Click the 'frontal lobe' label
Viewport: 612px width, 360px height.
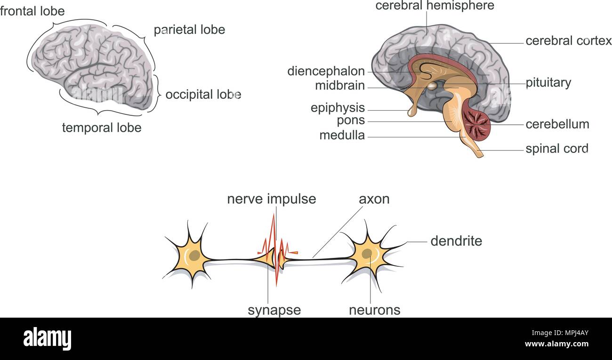click(x=32, y=11)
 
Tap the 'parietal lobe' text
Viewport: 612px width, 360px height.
click(x=189, y=30)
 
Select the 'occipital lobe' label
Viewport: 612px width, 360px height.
click(x=203, y=95)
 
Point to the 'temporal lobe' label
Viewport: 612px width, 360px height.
click(x=102, y=128)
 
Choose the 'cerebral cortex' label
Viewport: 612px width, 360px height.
click(x=568, y=41)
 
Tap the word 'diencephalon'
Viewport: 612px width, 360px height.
click(x=326, y=72)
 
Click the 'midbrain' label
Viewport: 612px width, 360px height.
click(x=340, y=86)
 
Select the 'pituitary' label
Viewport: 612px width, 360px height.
click(x=548, y=83)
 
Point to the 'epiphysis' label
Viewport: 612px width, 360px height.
click(x=338, y=108)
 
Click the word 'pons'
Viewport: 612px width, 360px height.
click(x=351, y=120)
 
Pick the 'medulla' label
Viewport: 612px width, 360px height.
click(x=342, y=136)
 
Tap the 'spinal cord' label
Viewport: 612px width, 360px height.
click(x=557, y=149)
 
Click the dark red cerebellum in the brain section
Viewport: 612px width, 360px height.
click(x=476, y=125)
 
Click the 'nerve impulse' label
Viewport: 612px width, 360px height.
click(x=271, y=199)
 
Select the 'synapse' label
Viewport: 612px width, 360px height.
click(x=274, y=310)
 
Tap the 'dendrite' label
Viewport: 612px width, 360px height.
click(x=456, y=241)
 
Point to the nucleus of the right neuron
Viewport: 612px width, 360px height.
click(x=367, y=253)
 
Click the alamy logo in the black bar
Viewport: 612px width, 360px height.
click(x=47, y=338)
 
